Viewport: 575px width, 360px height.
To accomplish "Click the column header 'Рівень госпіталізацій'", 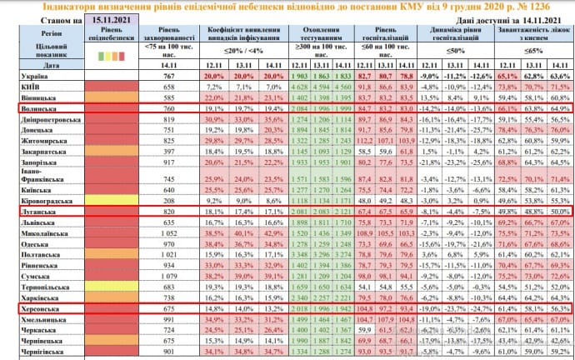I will [379, 36].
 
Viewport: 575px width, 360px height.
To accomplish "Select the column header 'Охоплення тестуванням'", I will [317, 36].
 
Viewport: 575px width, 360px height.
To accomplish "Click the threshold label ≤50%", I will [455, 52].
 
